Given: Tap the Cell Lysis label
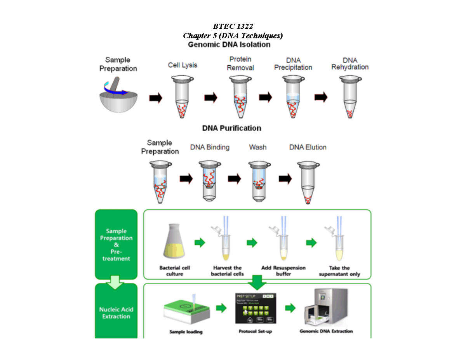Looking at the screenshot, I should click(182, 65).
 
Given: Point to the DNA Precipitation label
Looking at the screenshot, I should click(293, 64).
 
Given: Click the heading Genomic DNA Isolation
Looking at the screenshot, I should click(229, 45).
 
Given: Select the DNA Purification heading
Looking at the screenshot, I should click(231, 128).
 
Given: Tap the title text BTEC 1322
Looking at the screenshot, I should click(233, 27).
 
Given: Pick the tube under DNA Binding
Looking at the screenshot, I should click(210, 181).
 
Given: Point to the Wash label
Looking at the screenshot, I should click(257, 148).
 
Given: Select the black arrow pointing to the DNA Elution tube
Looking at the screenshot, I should click(285, 179).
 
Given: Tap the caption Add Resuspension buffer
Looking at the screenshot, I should click(283, 271).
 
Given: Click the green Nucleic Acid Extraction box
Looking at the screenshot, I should click(116, 313).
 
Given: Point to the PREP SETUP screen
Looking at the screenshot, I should click(254, 309).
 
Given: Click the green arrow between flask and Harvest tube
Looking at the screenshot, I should click(200, 243).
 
